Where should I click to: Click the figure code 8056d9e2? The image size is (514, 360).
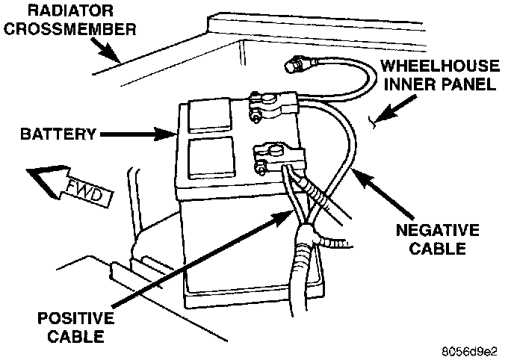tap(474, 348)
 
